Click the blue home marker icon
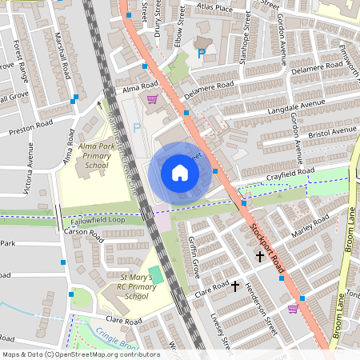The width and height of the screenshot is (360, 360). tap(180, 173)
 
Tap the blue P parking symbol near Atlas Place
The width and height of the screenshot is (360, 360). tap(201, 54)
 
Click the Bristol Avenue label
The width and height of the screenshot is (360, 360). tap(334, 129)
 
